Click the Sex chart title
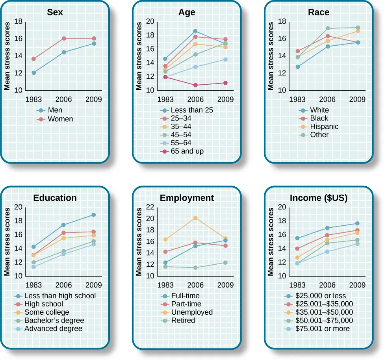click(x=55, y=12)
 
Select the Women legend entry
click(x=60, y=119)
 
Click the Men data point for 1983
click(x=34, y=73)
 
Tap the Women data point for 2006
click(x=64, y=39)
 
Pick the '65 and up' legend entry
click(x=187, y=151)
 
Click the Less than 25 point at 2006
click(x=195, y=31)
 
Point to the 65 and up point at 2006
click(x=195, y=85)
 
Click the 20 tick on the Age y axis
click(x=150, y=21)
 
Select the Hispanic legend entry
click(x=324, y=127)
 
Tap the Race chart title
click(x=319, y=12)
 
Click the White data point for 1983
click(x=298, y=67)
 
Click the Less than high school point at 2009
click(x=94, y=215)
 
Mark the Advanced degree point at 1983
click(x=34, y=267)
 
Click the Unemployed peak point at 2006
click(x=195, y=218)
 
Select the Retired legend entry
click(x=183, y=321)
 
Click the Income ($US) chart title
click(x=319, y=198)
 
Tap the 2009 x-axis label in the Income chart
click(x=358, y=285)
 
